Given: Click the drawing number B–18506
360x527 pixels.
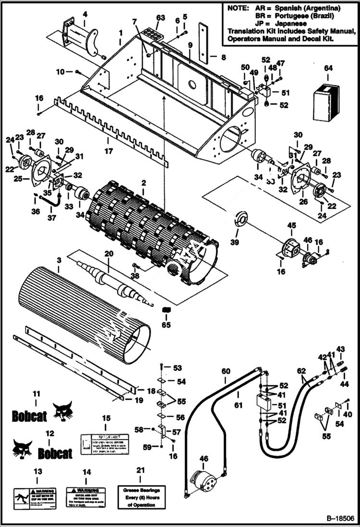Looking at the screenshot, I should point(340,519).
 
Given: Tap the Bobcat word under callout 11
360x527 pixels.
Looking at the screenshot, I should point(29,416).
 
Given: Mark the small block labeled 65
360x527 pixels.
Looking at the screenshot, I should point(166,310).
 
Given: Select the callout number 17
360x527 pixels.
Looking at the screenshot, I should point(109,151).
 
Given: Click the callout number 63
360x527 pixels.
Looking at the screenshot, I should point(160,18).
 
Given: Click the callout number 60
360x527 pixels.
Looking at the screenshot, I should point(226,371).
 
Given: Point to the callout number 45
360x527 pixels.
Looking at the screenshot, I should point(291,225).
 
